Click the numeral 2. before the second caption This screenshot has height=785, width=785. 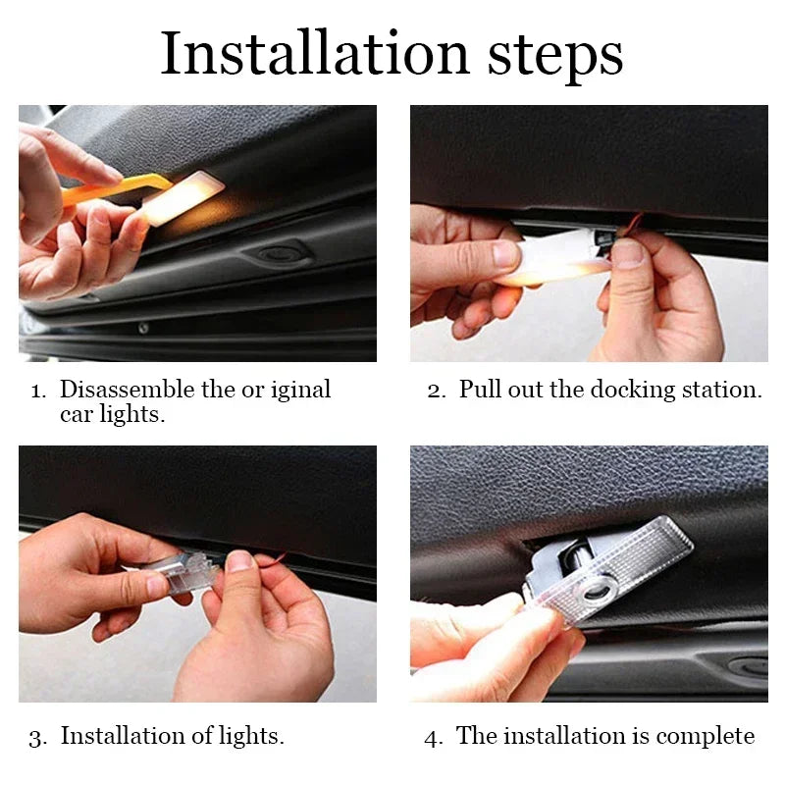tap(437, 390)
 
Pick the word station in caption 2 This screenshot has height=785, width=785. tap(725, 390)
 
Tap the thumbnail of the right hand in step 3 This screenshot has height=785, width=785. tap(238, 561)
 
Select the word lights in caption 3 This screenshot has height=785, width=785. tap(252, 736)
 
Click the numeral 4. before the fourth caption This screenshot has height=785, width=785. tap(434, 737)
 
